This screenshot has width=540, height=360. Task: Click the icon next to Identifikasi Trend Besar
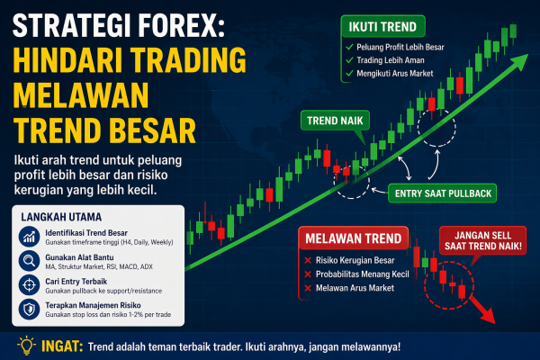click(x=27, y=237)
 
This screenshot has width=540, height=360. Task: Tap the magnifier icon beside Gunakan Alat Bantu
click(x=27, y=261)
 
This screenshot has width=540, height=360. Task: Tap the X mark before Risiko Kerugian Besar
click(x=309, y=260)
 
